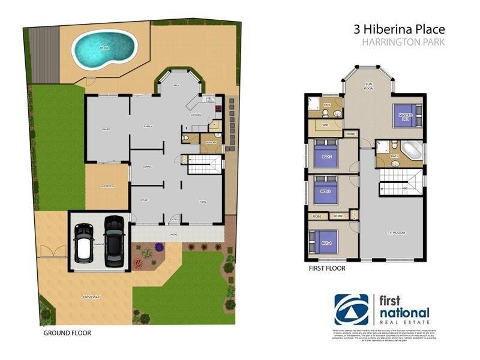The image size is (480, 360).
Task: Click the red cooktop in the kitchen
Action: [x=218, y=110]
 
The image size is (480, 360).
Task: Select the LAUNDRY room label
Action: [x=210, y=142]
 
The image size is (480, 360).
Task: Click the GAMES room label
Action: [x=107, y=128]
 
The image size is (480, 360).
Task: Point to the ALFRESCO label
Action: [x=108, y=187]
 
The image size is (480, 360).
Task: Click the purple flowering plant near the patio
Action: [x=159, y=247]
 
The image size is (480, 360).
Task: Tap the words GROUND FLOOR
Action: [x=67, y=332]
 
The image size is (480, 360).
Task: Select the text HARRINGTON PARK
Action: [x=403, y=43]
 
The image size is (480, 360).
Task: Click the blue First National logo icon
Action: [x=351, y=309]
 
